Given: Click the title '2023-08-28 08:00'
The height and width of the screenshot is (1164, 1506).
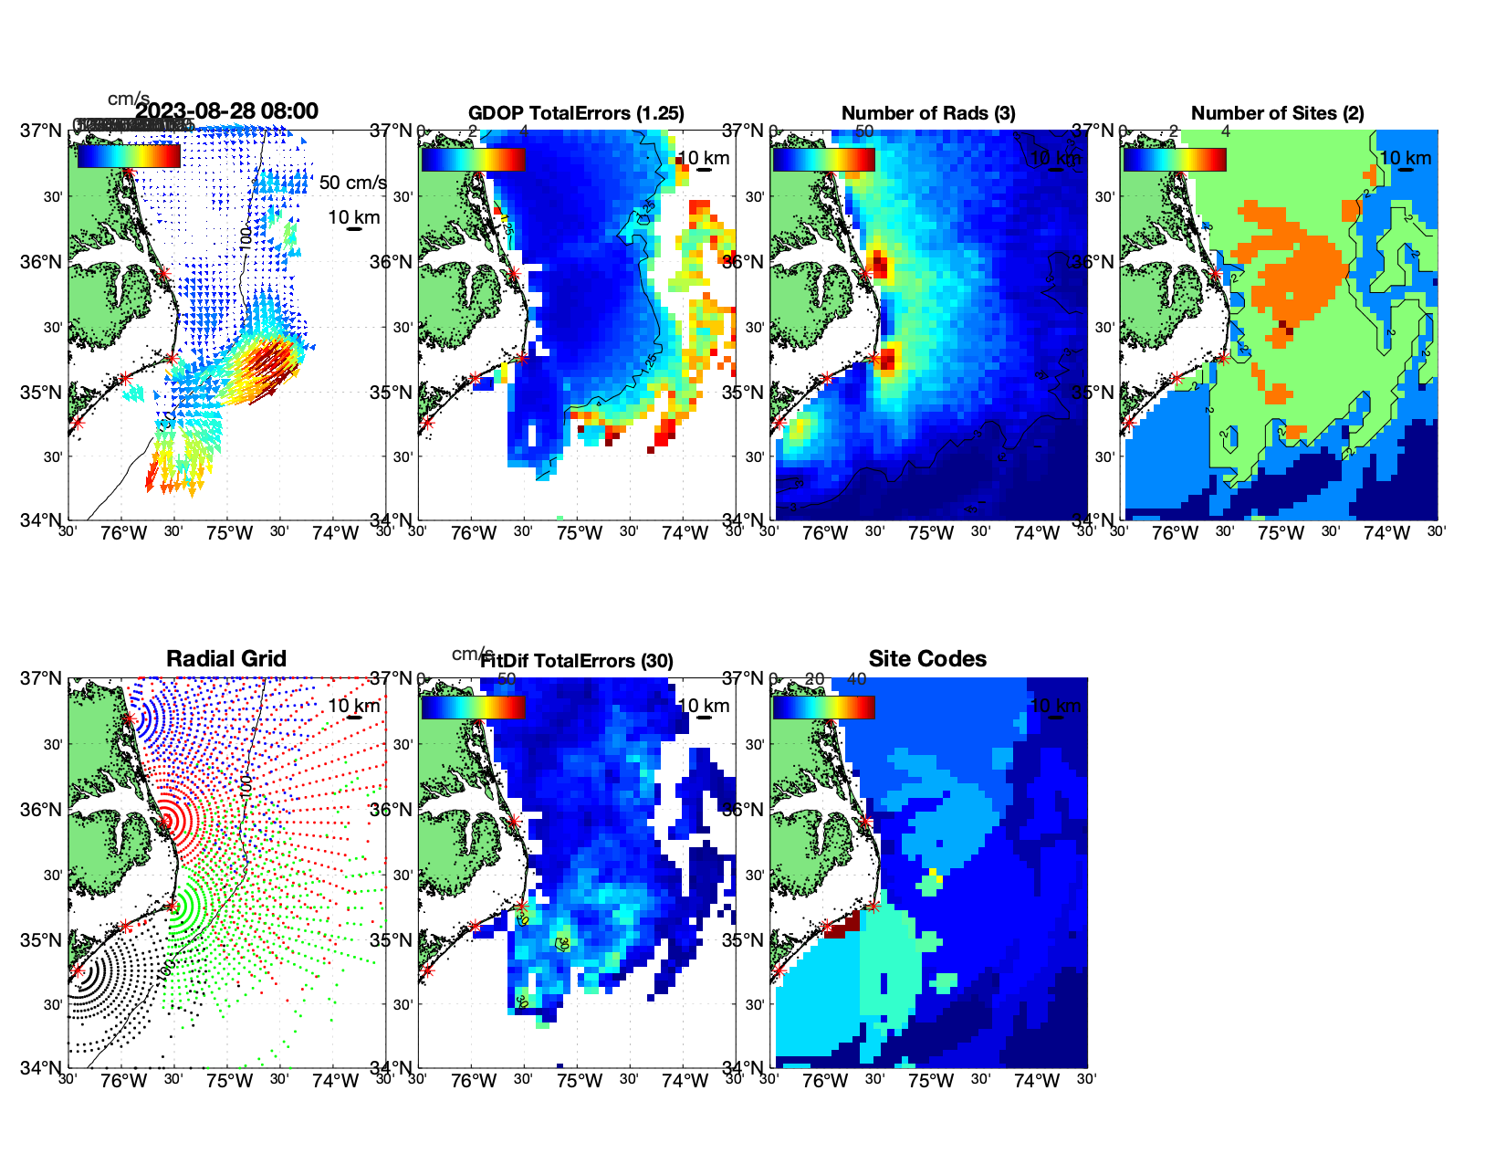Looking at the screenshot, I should (x=227, y=111).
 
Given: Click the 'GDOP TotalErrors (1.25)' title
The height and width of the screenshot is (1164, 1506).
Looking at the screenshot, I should (x=576, y=113).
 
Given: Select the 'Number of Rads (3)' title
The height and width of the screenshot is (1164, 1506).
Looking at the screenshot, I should (x=928, y=113).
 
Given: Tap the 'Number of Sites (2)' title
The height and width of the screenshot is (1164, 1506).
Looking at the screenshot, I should (x=1277, y=113).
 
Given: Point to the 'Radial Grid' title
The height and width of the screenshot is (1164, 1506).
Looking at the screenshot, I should (x=226, y=659).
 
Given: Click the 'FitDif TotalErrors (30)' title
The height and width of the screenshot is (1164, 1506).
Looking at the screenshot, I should (x=577, y=661).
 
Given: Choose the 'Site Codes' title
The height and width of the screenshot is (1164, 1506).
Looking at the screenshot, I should (x=927, y=659).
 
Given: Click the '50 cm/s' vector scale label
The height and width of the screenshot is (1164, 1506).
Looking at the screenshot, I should (x=352, y=183).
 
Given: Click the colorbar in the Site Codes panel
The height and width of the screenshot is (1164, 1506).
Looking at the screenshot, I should (x=823, y=708).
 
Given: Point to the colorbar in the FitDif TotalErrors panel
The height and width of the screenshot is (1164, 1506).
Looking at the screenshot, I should (x=473, y=708).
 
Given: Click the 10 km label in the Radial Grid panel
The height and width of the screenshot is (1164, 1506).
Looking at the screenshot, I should (x=353, y=706).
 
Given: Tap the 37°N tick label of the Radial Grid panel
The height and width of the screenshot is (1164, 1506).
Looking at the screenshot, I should (x=41, y=678).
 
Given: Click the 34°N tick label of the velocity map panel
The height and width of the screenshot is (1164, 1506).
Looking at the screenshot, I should (x=41, y=521).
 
